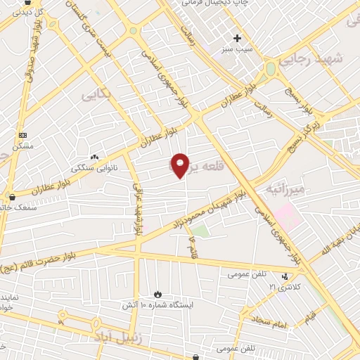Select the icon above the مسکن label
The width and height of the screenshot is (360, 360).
22,135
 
